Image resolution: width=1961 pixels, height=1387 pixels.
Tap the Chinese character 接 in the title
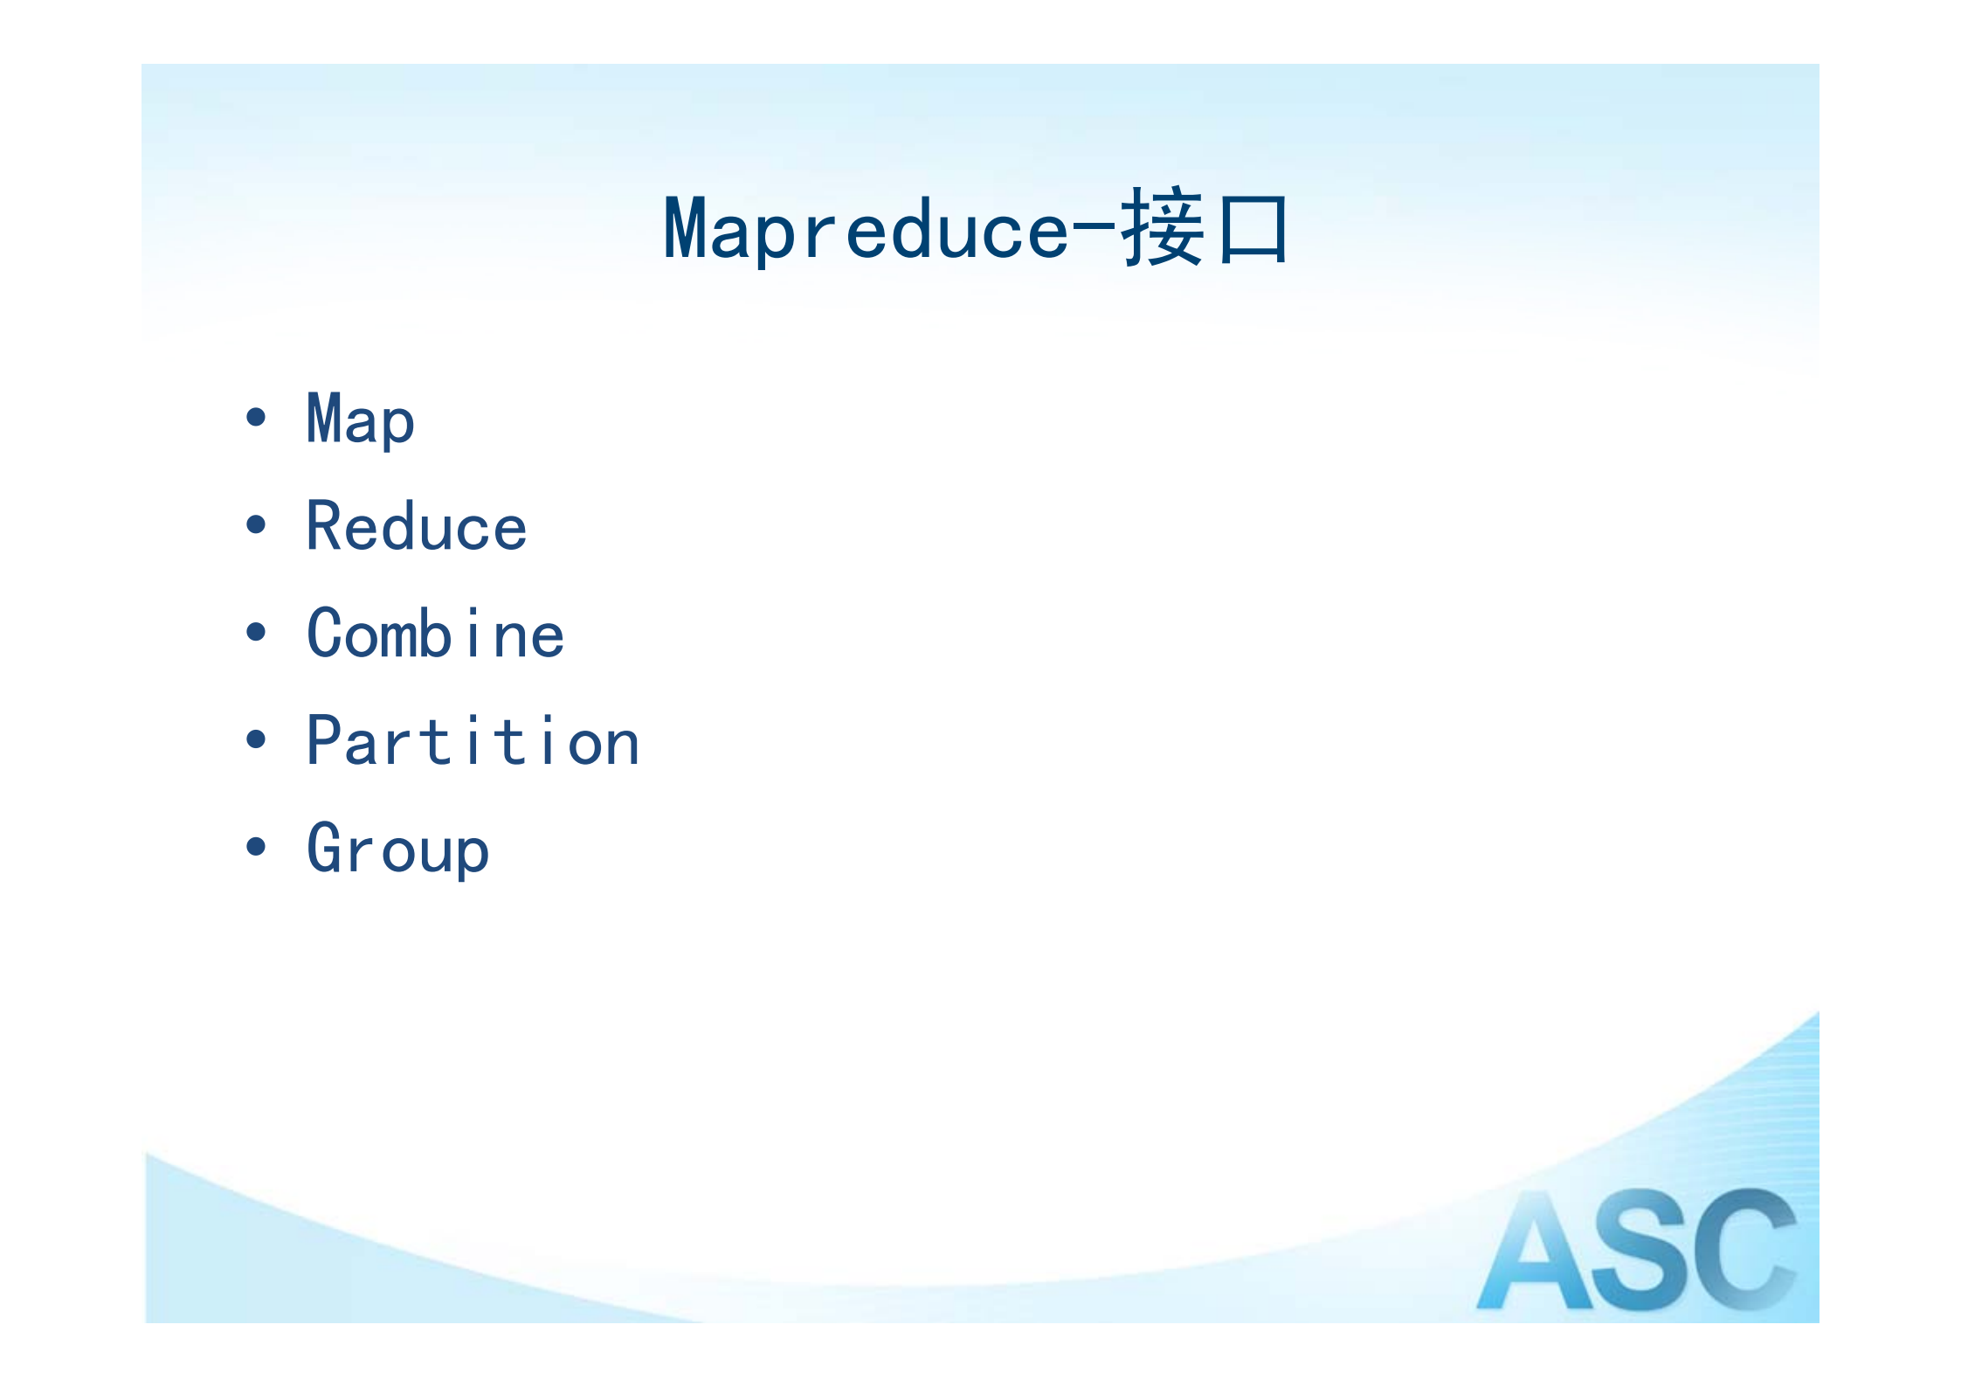pyautogui.click(x=1163, y=226)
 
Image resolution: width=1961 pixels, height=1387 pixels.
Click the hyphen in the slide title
pyautogui.click(x=1094, y=229)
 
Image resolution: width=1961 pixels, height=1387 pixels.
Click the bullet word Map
pyautogui.click(x=360, y=421)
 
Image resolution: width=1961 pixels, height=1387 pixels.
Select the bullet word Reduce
pyautogui.click(x=417, y=526)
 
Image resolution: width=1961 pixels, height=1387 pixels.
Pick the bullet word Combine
pyautogui.click(x=435, y=634)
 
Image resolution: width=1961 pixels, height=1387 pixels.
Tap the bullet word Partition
pyautogui.click(x=473, y=741)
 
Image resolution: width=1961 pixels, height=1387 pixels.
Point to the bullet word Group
pyautogui.click(x=397, y=850)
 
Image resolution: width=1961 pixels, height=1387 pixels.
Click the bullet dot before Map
pyautogui.click(x=256, y=417)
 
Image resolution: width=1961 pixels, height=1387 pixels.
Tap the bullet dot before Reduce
pyautogui.click(x=256, y=524)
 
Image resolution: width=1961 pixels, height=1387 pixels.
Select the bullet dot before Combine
pyautogui.click(x=256, y=632)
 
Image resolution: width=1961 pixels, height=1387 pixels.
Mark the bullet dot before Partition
pyautogui.click(x=256, y=739)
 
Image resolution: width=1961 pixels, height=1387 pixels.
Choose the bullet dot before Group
pyautogui.click(x=256, y=846)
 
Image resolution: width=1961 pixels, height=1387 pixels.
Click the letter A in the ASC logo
pyautogui.click(x=1535, y=1250)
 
